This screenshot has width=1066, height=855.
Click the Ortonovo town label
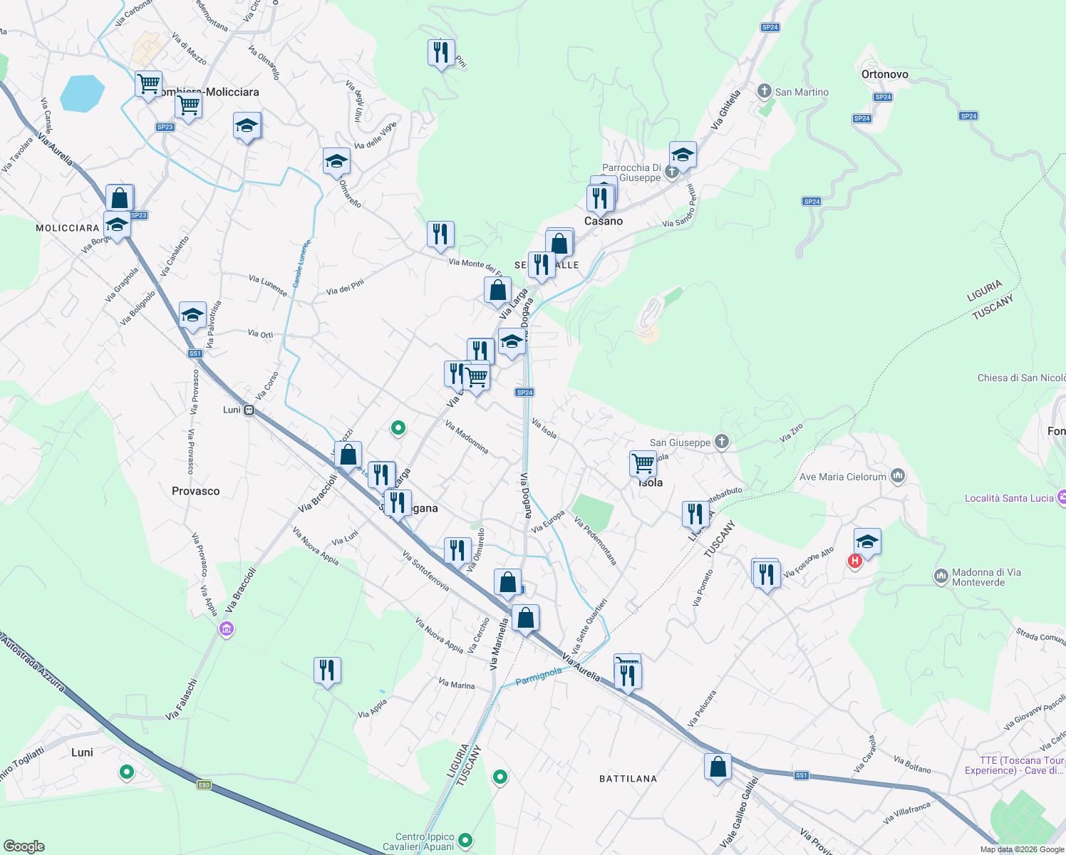884,74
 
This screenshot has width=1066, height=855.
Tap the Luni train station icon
249,410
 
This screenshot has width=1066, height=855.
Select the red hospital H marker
855,561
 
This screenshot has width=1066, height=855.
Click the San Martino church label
801,92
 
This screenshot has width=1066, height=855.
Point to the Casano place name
604,221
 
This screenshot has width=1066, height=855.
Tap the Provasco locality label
195,491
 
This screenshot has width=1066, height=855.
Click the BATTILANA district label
628,779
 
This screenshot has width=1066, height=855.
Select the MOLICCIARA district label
68,228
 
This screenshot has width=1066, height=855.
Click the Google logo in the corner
24,846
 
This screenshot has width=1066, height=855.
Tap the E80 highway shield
204,785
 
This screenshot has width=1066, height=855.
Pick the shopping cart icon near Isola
643,463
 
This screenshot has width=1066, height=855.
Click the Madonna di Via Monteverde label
986,577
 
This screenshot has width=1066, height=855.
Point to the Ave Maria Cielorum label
843,477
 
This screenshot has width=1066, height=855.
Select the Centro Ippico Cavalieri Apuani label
425,841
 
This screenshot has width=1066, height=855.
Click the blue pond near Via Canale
82,93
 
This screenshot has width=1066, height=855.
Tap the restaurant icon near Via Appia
327,670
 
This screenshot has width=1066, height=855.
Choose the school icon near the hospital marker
866,541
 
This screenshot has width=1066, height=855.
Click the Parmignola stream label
539,675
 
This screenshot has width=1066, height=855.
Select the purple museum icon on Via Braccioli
227,629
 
